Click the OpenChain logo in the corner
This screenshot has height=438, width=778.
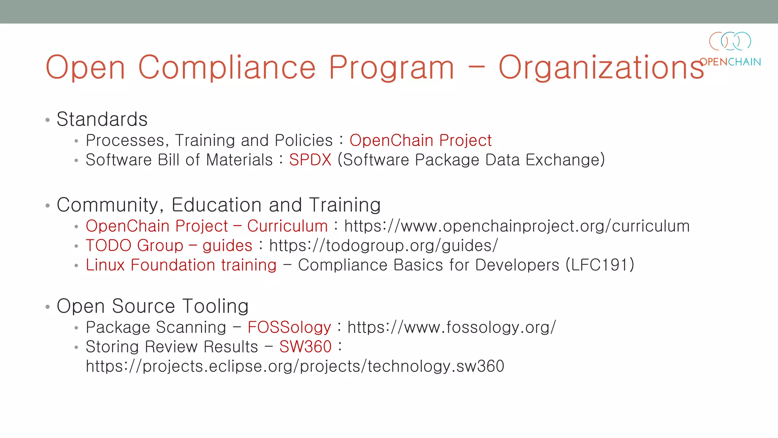[730, 49]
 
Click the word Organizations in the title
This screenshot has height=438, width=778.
[601, 68]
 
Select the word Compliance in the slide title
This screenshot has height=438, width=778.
[227, 68]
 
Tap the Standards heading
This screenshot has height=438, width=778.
[102, 119]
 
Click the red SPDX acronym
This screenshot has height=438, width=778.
[310, 160]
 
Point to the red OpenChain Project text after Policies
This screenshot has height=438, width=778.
[421, 140]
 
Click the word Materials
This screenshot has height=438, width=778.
[239, 160]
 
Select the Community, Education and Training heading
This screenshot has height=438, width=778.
[218, 205]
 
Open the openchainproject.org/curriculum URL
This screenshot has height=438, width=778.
[517, 226]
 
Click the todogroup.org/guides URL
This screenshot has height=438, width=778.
[383, 246]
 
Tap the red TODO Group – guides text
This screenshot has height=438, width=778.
[169, 246]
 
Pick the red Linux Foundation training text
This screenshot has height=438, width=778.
[181, 265]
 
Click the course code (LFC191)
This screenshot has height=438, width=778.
[600, 265]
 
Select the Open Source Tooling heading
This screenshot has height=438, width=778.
[152, 306]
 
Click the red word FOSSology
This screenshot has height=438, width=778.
[289, 327]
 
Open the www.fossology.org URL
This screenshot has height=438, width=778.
[451, 327]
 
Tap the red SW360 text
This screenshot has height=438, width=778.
[305, 347]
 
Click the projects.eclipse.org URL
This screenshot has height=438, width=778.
[295, 366]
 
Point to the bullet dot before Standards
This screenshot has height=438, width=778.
[47, 120]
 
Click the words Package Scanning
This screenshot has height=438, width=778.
[156, 327]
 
